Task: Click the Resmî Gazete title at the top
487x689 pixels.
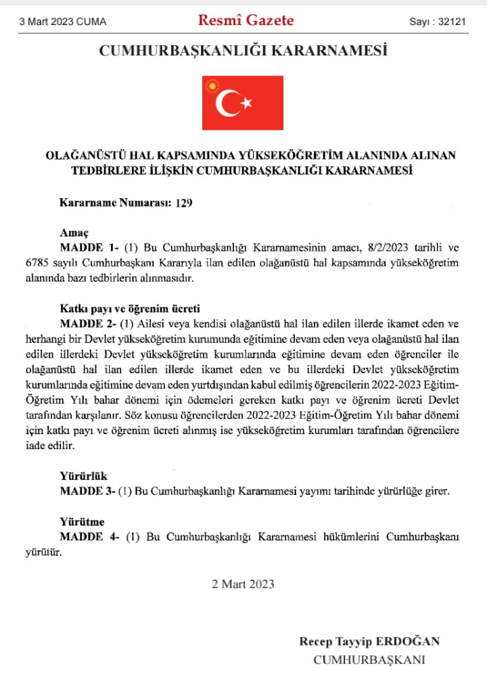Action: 246,20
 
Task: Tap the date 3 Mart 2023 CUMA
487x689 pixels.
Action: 63,22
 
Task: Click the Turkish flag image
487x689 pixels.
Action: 243,103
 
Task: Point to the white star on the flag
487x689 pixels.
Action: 246,103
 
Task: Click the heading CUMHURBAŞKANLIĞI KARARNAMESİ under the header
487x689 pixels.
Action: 243,51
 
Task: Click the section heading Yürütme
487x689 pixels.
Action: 82,521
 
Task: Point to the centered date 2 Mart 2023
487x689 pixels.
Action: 243,584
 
